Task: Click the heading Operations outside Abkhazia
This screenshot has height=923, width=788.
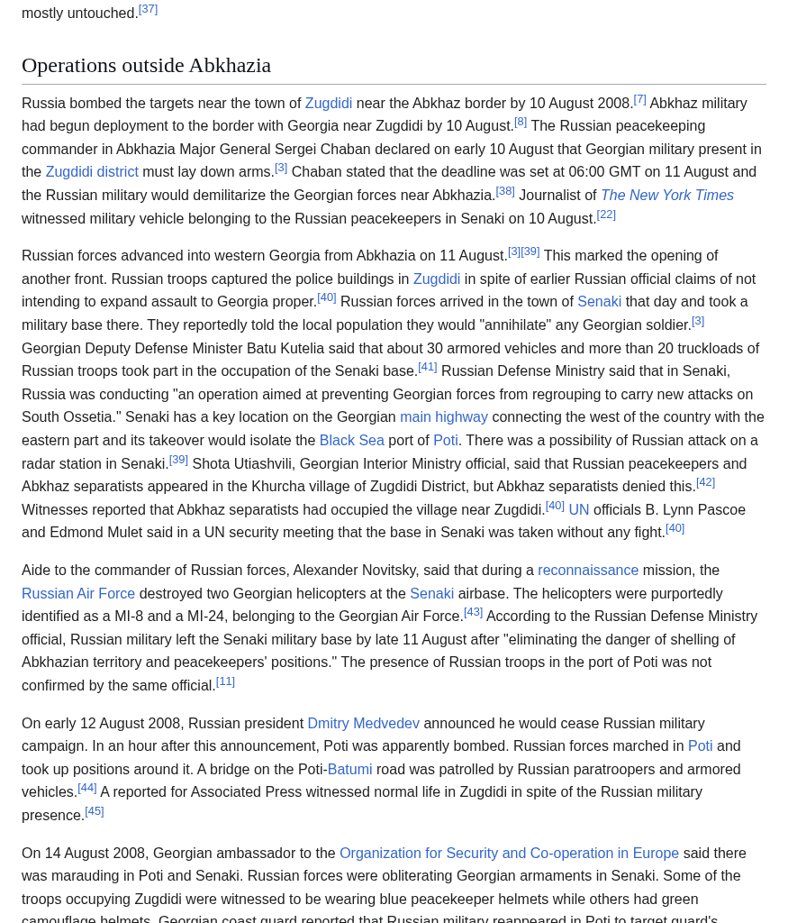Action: pos(146,65)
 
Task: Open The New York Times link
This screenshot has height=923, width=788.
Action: pos(666,196)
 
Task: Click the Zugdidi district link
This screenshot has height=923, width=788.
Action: pos(92,172)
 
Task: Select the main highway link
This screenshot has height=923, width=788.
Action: pos(444,417)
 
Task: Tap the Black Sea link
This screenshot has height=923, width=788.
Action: pos(351,441)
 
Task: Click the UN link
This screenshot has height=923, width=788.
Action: pos(579,510)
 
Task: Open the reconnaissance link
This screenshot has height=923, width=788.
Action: pos(588,571)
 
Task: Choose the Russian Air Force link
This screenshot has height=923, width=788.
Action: pos(78,594)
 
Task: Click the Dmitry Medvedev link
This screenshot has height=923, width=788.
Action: pos(363,724)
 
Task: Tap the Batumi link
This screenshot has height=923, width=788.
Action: pos(349,770)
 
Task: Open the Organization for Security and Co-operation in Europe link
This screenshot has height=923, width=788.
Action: pos(509,854)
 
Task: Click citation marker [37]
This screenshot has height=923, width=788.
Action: pos(148,9)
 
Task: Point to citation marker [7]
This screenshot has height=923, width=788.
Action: pos(639,99)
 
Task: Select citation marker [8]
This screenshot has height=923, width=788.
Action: pos(521,122)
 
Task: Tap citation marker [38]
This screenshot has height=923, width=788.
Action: pos(505,191)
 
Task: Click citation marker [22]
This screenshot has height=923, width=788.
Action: pos(606,215)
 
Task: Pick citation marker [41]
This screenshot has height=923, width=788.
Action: pos(428,367)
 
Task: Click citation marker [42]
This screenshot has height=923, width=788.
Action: pos(705,482)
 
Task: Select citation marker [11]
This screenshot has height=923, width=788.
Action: pos(225,681)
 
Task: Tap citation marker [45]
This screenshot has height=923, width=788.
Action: pos(95,811)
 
